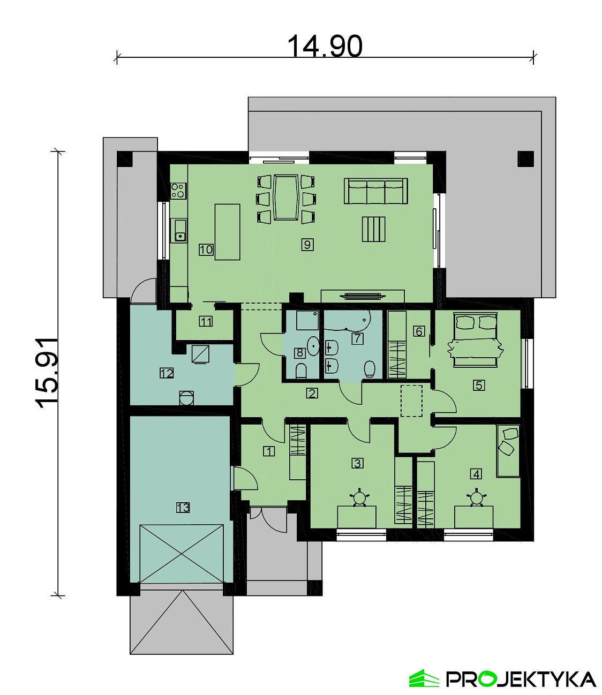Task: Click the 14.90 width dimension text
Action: (325, 47)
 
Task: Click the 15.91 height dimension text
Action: (47, 373)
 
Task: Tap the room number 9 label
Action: (307, 245)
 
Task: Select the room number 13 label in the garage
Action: (183, 507)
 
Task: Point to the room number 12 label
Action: (167, 373)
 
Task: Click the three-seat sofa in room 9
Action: (375, 191)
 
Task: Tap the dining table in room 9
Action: (287, 197)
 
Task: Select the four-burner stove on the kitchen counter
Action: (179, 190)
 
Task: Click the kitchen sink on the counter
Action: (179, 230)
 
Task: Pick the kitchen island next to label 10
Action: (227, 232)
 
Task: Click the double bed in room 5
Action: (476, 338)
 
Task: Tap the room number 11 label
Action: (206, 321)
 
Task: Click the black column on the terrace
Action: (525, 158)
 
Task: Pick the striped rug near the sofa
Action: (374, 229)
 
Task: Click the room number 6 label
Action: (419, 331)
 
